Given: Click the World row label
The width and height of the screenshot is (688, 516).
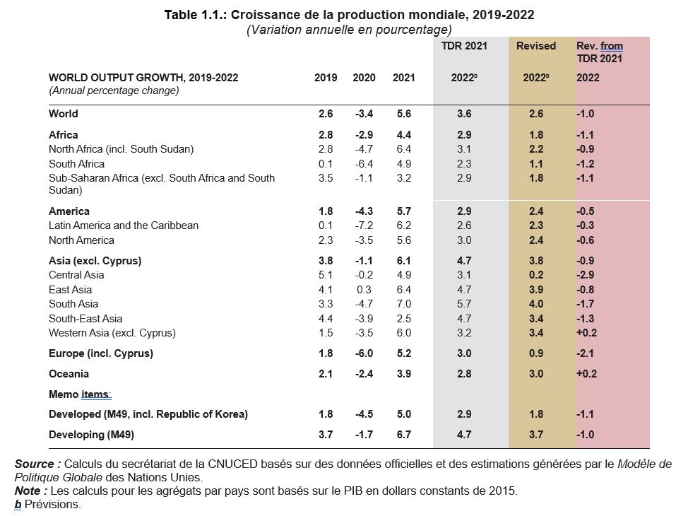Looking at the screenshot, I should (64, 114).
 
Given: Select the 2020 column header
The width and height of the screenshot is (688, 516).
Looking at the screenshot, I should (364, 78).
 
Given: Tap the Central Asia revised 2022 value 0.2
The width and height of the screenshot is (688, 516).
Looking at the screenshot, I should (536, 275).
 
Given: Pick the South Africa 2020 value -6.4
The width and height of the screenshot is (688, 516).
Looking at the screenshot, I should (364, 163).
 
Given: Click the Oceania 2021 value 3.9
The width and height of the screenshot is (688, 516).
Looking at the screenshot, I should (403, 373).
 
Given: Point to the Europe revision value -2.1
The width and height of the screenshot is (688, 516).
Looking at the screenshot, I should (586, 353).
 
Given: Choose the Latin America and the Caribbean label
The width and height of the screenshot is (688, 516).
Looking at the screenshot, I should (124, 225).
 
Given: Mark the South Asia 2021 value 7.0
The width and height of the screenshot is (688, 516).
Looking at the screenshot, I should (403, 303).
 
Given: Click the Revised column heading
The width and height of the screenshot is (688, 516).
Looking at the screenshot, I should (536, 46).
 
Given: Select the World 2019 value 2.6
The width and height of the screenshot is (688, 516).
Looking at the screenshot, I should (326, 114).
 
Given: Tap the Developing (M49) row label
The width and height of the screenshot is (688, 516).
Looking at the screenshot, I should (91, 435).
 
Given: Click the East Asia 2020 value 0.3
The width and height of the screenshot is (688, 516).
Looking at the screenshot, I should (364, 289).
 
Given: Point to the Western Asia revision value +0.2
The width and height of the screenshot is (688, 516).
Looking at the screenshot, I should (586, 332).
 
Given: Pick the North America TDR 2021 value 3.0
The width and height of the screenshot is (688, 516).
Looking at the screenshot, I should (464, 240).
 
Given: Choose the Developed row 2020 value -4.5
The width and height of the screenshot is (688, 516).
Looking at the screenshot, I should (364, 414).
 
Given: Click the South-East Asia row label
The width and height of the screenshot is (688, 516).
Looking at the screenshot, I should (85, 318).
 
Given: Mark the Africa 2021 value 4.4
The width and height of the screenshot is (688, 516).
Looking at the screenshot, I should (403, 135).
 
